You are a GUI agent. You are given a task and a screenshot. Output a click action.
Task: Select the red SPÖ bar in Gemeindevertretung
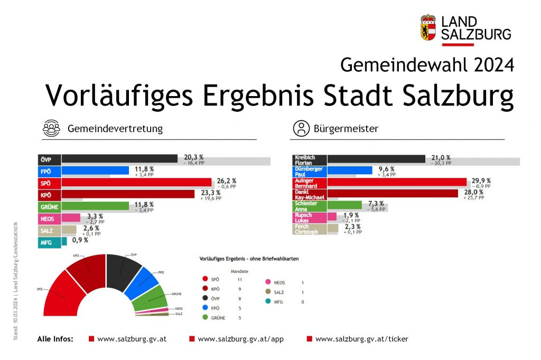point(136,182)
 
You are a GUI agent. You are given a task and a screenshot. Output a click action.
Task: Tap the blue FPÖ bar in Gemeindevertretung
point(95,170)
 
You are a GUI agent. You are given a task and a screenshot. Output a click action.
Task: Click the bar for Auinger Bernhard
point(397,182)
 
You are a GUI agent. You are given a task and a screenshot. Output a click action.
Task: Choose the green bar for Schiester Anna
point(344,205)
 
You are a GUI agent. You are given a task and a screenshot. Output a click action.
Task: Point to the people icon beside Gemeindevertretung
point(52,128)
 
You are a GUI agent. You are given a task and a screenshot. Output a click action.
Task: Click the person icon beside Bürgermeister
point(301,128)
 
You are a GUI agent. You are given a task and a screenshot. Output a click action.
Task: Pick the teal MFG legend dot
point(268,301)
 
